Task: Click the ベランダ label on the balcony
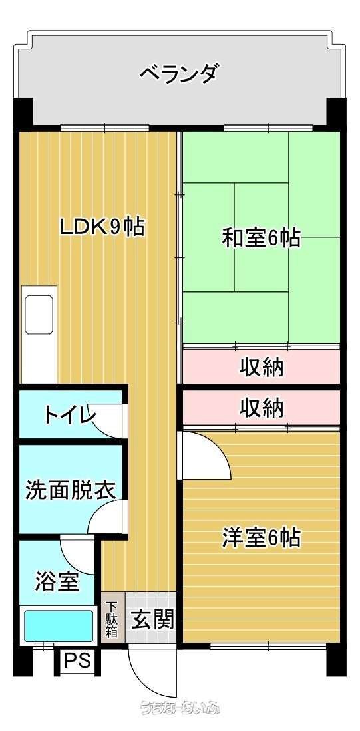point(179,73)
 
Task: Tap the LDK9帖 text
point(102,227)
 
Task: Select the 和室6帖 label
point(260,238)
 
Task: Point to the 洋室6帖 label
point(260,537)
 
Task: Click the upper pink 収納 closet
point(261,366)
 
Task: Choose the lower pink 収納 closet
point(261,408)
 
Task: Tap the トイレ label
point(69,414)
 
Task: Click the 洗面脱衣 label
point(70,490)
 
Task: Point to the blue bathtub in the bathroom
point(59,625)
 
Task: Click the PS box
point(77,660)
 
